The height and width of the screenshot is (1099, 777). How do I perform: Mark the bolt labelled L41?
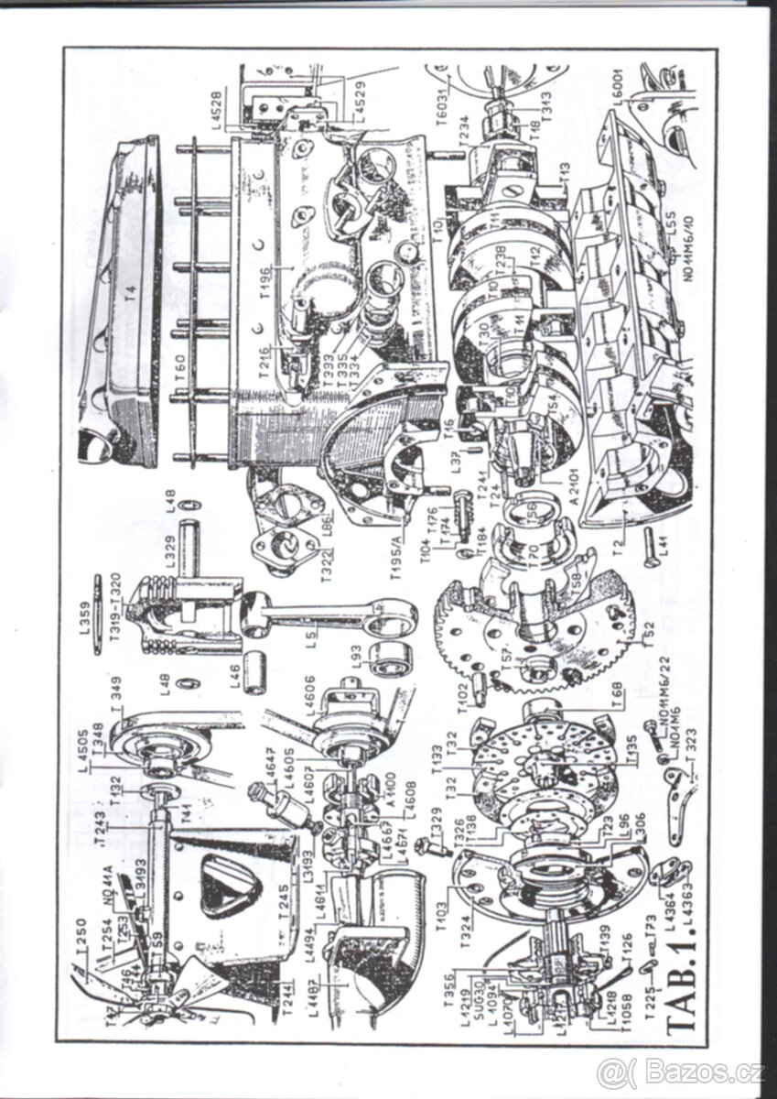point(651,549)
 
